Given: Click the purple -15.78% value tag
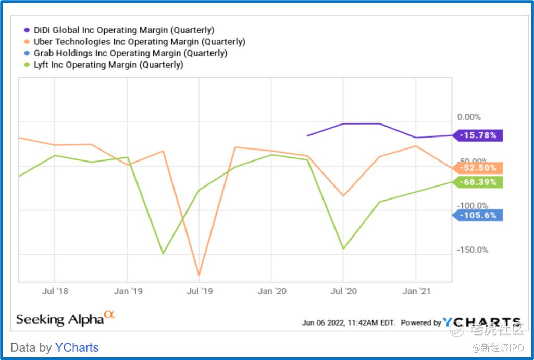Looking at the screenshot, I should [x=478, y=135].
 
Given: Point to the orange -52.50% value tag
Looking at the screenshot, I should [x=478, y=168].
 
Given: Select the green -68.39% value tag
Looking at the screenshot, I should [x=478, y=182].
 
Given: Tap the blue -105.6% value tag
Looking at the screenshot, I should [x=478, y=215].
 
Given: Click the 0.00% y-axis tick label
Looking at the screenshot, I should [x=469, y=117].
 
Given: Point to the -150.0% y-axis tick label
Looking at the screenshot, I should [x=473, y=250].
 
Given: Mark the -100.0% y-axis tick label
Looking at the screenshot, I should [x=473, y=206].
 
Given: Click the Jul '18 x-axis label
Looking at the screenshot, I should [x=55, y=291].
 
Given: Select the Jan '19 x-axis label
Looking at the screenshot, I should [x=128, y=291].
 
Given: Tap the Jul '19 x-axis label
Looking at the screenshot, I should [x=199, y=291].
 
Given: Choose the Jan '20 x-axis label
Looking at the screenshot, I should [x=272, y=291].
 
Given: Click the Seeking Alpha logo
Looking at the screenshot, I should [x=65, y=318].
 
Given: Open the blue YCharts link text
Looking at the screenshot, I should [x=77, y=347].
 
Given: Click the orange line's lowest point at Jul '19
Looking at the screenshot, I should [x=199, y=275].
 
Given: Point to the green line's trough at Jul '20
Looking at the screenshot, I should [x=343, y=249].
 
